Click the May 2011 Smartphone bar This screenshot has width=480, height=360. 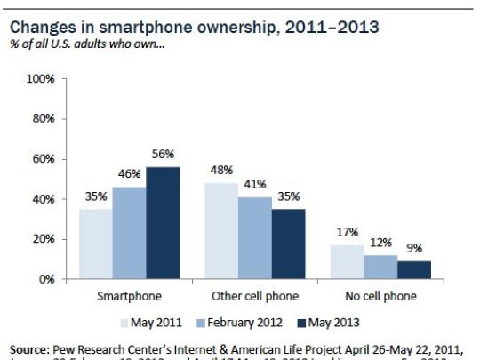[94, 244]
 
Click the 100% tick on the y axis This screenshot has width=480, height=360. [43, 80]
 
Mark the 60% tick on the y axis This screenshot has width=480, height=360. [45, 159]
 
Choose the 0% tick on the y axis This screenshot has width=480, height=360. [48, 279]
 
